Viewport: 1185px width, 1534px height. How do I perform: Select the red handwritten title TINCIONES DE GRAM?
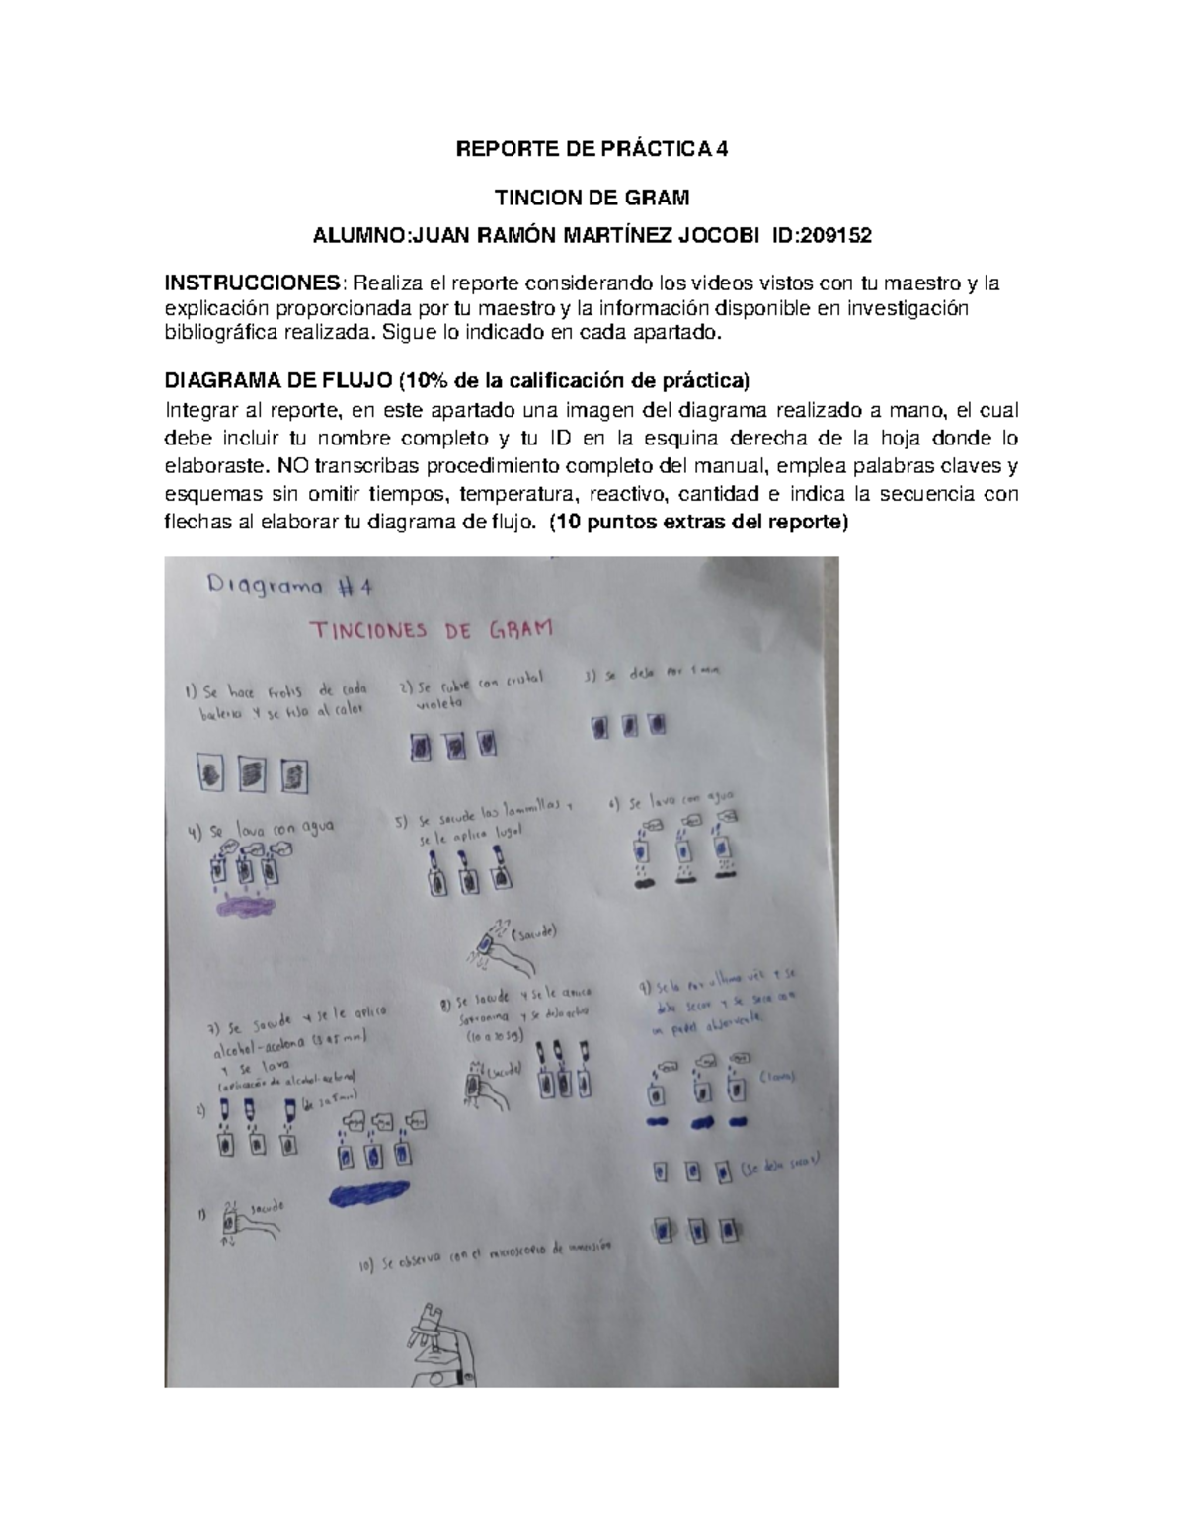tap(432, 629)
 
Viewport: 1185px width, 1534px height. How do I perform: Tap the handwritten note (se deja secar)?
tap(779, 1166)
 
